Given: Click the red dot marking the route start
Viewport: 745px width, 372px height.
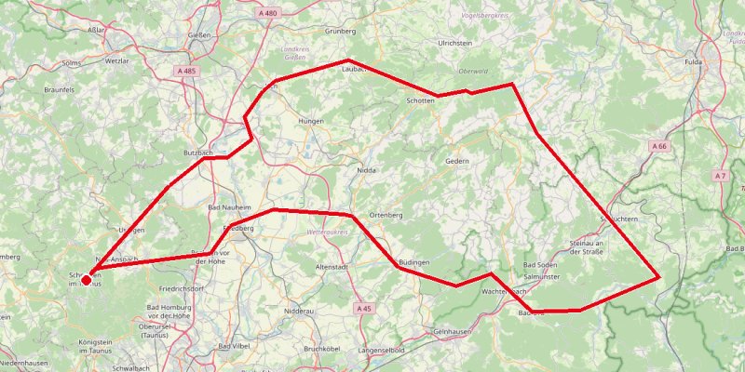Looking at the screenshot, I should [x=87, y=279].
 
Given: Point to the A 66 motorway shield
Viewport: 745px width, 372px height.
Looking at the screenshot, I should [x=659, y=146].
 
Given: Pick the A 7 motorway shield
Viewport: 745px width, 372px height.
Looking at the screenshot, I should [x=719, y=176].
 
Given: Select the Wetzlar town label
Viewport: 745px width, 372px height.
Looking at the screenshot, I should [x=116, y=60].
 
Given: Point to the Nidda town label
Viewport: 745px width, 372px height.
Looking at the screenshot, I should [x=367, y=171].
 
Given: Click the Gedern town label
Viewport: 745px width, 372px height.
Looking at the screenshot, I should [x=457, y=161].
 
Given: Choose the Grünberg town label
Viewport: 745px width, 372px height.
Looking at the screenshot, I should [x=340, y=31].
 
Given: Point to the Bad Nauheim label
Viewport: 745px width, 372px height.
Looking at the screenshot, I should [x=225, y=206].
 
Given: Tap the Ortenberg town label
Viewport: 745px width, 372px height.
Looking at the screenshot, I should [x=385, y=215].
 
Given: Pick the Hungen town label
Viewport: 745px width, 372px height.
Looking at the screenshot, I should [x=308, y=121].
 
